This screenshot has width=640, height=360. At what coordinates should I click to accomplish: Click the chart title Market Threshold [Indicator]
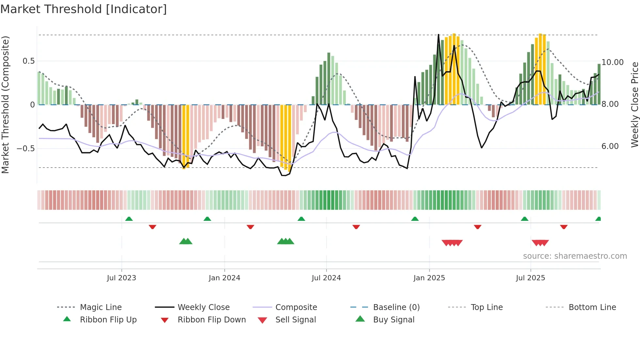click(84, 9)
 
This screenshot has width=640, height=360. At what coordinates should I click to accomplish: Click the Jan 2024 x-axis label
click(224, 278)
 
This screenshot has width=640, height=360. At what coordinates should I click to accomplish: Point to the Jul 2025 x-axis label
click(530, 278)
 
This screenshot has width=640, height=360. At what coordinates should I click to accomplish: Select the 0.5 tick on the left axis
click(28, 61)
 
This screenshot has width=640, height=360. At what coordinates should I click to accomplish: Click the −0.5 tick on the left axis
click(26, 149)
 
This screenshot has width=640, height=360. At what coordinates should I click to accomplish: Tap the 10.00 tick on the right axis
click(612, 62)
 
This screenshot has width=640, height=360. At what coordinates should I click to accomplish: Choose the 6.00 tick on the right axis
click(610, 146)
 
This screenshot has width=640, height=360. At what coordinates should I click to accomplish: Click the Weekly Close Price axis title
click(634, 105)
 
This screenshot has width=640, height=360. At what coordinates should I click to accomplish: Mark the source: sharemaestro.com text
click(575, 256)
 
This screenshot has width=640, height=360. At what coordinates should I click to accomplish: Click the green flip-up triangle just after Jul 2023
click(129, 219)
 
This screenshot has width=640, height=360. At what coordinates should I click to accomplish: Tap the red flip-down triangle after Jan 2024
click(250, 227)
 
